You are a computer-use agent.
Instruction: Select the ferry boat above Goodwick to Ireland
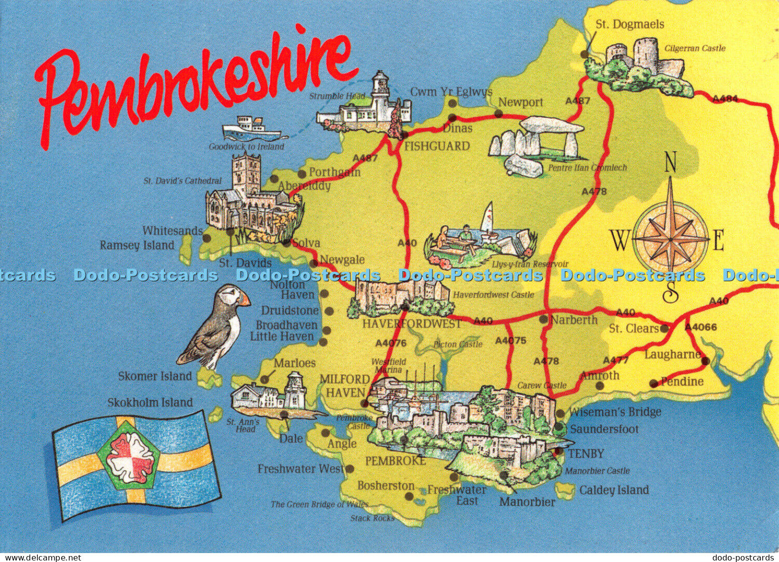tap(251, 129)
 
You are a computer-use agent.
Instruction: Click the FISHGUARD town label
tap(437, 146)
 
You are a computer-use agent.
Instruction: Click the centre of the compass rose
tap(671, 240)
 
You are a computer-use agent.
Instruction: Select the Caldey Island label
tap(614, 490)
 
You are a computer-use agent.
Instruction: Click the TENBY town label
tap(586, 454)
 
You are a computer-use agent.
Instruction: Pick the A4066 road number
tap(700, 327)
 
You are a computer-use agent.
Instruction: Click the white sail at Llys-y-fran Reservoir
tap(488, 217)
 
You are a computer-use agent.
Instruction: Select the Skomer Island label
tap(155, 376)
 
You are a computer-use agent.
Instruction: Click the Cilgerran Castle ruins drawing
tap(639, 62)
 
